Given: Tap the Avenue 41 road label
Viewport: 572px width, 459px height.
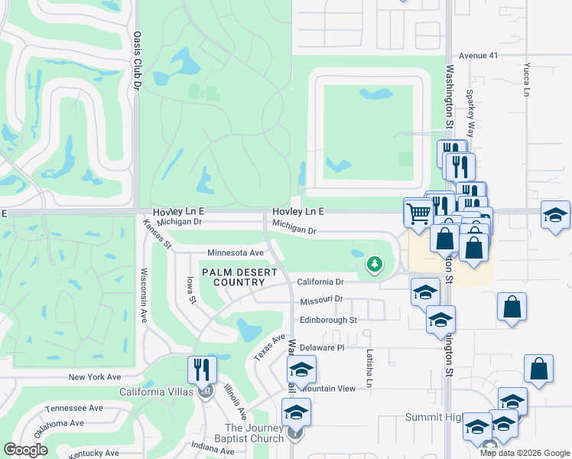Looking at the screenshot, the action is [478, 56].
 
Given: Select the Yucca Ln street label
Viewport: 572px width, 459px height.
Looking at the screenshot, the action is [526, 80].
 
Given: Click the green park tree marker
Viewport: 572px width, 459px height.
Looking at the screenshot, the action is [374, 265].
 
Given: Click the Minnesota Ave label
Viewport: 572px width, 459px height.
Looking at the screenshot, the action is [236, 252].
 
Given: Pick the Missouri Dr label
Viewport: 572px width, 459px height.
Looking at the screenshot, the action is [321, 300].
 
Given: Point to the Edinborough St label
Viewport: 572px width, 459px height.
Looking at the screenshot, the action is [328, 320].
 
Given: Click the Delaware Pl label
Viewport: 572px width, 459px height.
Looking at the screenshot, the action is [322, 347].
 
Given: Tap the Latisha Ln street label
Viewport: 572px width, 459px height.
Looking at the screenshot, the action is [369, 367].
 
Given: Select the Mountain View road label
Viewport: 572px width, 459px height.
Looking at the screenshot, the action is [328, 389].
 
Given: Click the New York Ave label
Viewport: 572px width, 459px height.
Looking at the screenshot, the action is [95, 377].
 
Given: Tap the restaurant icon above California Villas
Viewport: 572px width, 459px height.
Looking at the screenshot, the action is [202, 369].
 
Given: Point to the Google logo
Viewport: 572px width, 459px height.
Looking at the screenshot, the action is [25, 450].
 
